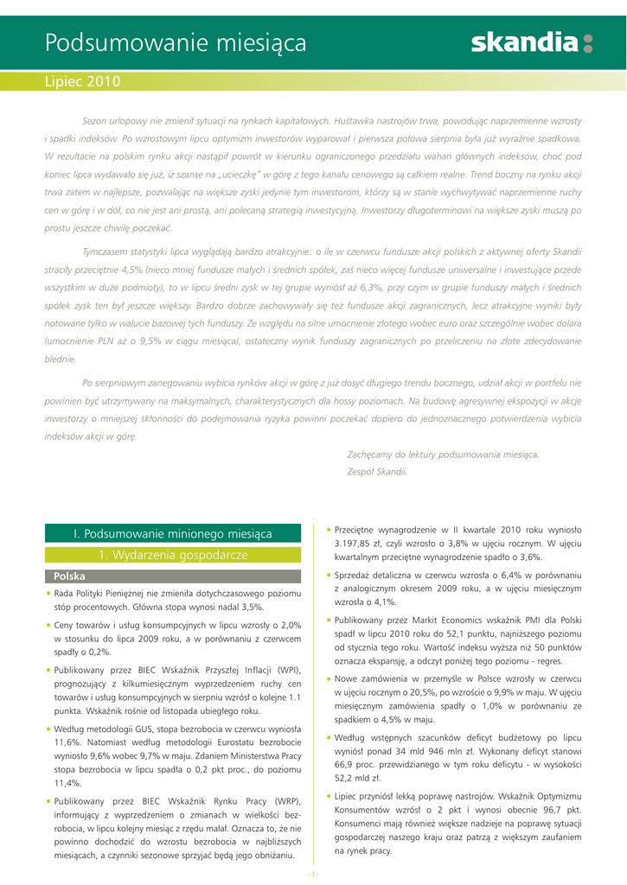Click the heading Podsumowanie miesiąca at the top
point(176,41)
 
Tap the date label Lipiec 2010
point(82,82)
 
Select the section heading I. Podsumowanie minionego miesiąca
point(173,534)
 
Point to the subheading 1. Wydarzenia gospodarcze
point(173,554)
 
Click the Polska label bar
point(173,576)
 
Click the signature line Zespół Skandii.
point(377,471)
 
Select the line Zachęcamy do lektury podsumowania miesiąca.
point(443,454)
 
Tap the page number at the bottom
point(313,873)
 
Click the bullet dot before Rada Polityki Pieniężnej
point(48,594)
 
